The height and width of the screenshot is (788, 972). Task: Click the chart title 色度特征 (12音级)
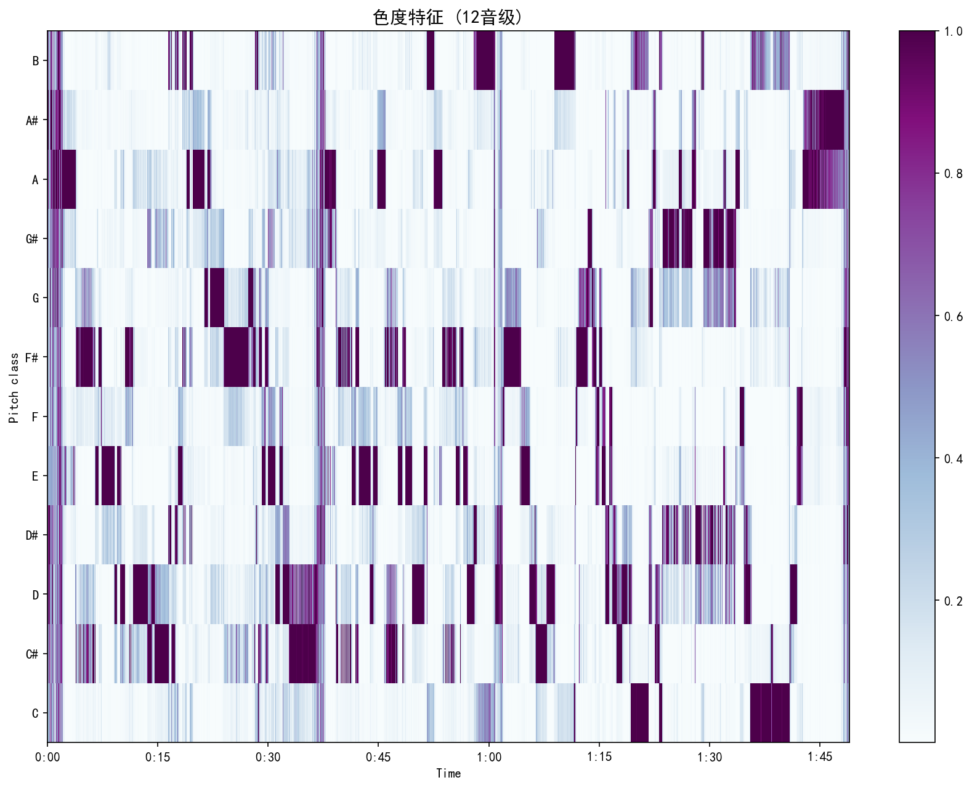(448, 17)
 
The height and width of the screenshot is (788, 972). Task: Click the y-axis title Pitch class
(14, 388)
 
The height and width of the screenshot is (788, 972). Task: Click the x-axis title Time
(448, 774)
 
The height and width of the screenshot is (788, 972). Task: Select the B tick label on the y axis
(35, 61)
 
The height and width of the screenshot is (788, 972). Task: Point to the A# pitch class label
(32, 121)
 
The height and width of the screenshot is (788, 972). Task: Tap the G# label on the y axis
(32, 239)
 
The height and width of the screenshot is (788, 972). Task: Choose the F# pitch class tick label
(32, 358)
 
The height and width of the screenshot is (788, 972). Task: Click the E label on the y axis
(35, 476)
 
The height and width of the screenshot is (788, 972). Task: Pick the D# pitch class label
(32, 535)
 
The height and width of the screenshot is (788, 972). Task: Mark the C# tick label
(32, 654)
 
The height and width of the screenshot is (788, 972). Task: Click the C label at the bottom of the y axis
(35, 713)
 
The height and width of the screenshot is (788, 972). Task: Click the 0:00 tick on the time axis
(47, 757)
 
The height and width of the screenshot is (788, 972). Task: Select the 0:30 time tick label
(268, 757)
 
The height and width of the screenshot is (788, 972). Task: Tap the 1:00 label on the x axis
(488, 757)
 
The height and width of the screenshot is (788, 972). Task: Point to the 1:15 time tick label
(599, 757)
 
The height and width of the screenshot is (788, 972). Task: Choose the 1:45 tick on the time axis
(819, 757)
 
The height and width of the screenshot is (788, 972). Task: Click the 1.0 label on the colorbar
(953, 31)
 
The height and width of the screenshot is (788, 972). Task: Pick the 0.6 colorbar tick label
(953, 317)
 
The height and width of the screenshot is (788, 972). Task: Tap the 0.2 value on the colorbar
(953, 601)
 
